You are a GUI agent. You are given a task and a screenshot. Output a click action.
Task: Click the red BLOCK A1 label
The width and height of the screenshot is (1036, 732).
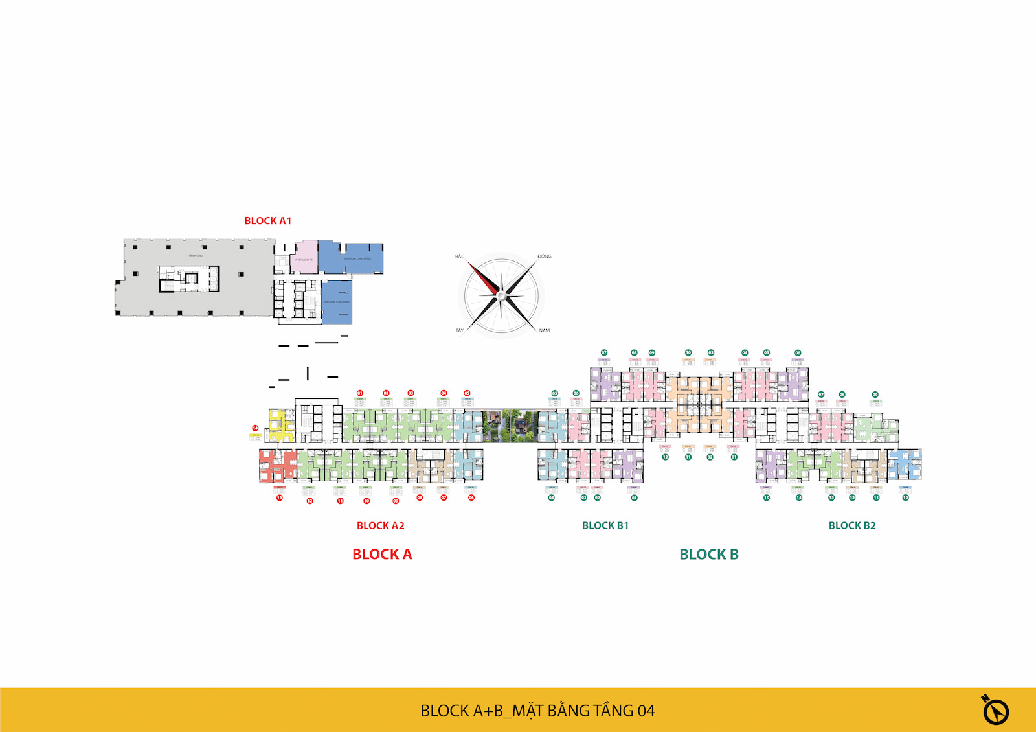point(267,221)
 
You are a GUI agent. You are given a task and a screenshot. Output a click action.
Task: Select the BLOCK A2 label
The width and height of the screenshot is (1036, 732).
point(380,525)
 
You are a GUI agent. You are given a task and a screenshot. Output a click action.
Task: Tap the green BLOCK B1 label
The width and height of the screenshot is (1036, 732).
point(605,525)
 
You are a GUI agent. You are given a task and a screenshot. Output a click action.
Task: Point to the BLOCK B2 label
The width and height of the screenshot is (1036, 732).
point(851,525)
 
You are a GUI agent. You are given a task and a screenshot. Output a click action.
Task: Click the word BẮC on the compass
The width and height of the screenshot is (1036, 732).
point(460,257)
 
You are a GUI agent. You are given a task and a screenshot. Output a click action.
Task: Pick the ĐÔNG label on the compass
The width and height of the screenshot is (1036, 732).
point(544,257)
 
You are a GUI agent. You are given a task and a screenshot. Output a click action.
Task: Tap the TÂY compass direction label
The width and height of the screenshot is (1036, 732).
point(460,330)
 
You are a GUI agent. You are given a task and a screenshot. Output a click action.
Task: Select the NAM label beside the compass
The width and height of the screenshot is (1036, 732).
point(544,330)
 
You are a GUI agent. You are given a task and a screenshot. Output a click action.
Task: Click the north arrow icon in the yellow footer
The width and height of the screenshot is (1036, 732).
point(995,711)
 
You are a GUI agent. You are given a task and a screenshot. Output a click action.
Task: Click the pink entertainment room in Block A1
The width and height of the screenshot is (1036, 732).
point(305,257)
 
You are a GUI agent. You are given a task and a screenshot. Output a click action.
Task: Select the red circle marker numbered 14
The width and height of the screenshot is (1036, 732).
point(255,428)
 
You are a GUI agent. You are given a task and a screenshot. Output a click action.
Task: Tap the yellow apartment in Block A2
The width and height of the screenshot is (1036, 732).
point(280,426)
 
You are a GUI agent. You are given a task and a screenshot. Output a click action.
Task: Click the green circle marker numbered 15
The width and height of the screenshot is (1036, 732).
point(766,498)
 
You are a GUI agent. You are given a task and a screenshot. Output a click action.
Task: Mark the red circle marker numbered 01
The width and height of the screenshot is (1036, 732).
point(360,393)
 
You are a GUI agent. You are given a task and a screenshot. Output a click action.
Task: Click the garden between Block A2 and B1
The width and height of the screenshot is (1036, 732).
point(511,426)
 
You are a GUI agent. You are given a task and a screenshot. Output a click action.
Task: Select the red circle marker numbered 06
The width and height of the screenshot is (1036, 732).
point(471,498)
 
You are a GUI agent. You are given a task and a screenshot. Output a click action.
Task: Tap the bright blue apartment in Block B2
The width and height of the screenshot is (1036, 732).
point(905,464)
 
